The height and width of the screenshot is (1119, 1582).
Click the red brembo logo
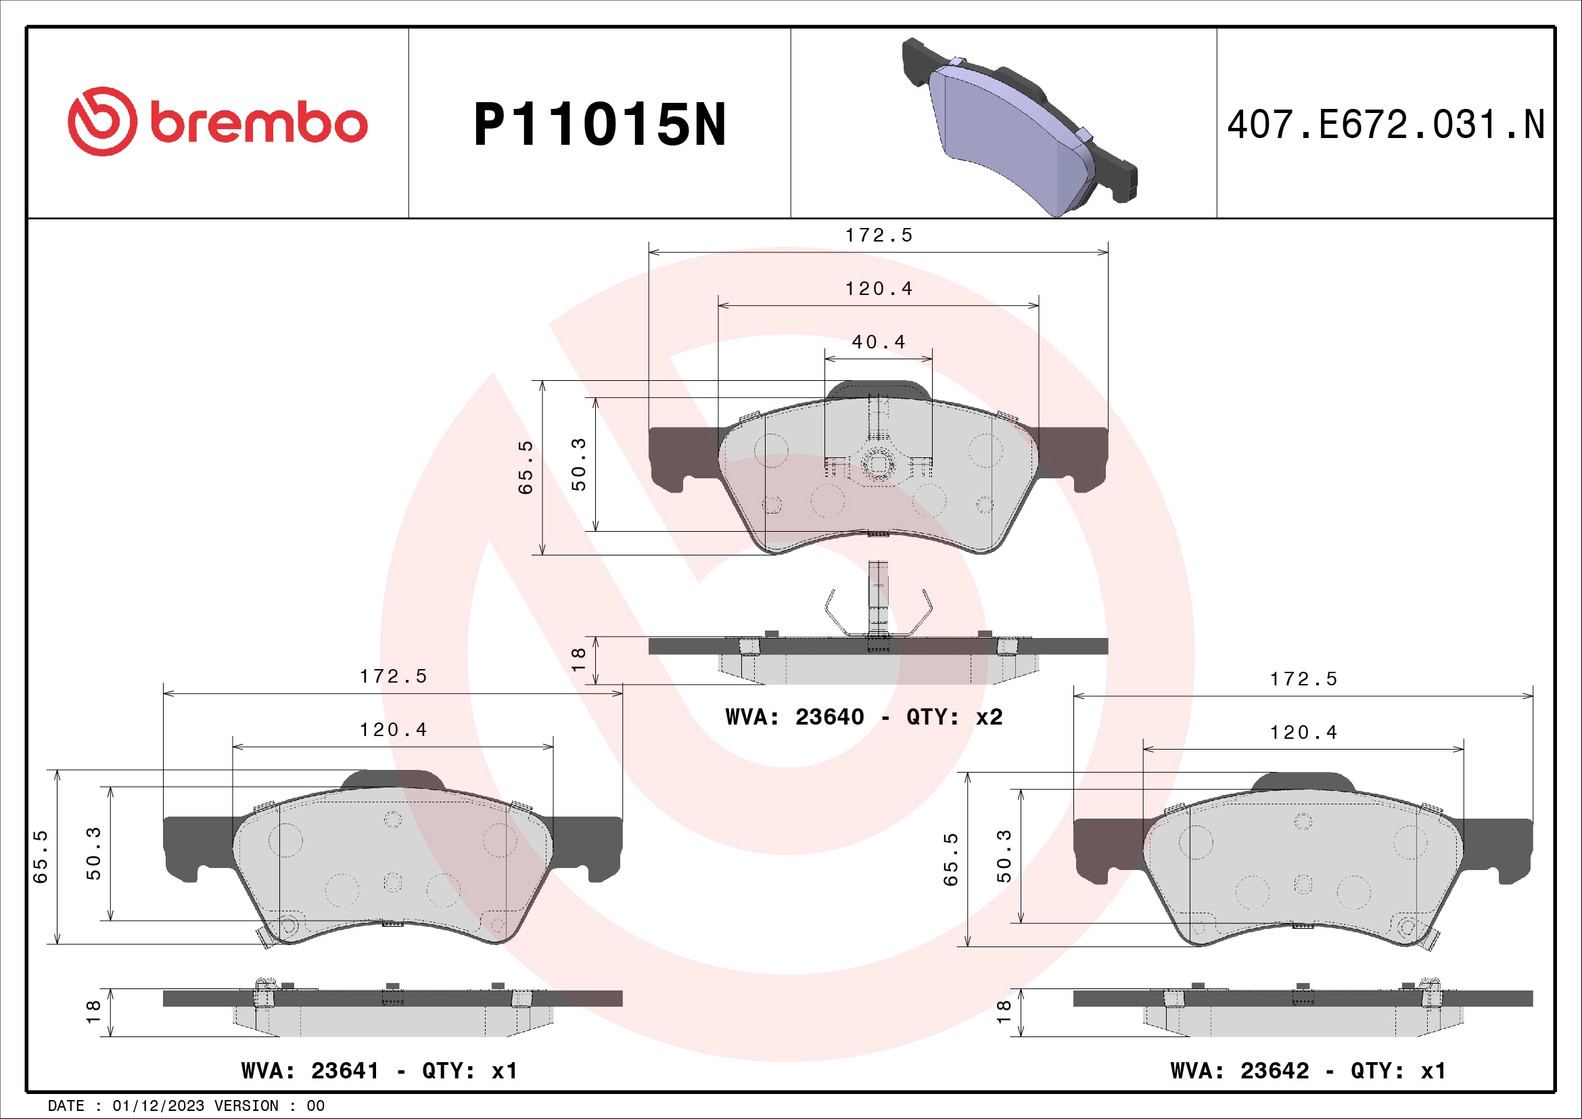[217, 122]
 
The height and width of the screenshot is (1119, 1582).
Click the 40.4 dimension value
[879, 342]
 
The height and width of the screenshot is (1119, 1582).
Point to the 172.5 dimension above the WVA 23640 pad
[879, 235]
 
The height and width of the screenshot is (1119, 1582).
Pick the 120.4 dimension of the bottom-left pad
[394, 730]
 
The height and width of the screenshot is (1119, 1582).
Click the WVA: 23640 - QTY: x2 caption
[864, 717]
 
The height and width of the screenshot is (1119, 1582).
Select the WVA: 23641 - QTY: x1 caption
[379, 1071]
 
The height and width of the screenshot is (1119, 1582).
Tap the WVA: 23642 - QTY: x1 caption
[1308, 1071]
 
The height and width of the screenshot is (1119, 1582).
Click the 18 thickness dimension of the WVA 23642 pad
[1004, 1011]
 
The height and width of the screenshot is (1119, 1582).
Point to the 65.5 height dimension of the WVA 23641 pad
[41, 857]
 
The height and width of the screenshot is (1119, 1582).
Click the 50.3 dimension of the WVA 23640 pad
[579, 463]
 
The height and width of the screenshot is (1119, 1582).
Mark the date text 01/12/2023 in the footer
[158, 1106]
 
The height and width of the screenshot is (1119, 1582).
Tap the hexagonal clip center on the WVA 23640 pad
[878, 463]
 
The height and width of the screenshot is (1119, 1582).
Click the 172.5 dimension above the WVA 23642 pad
[1303, 679]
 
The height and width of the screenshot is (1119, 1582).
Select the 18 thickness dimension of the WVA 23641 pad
[93, 1011]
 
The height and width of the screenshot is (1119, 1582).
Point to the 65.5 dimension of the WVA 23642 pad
[951, 859]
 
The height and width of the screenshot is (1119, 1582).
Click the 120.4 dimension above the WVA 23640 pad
[879, 289]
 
